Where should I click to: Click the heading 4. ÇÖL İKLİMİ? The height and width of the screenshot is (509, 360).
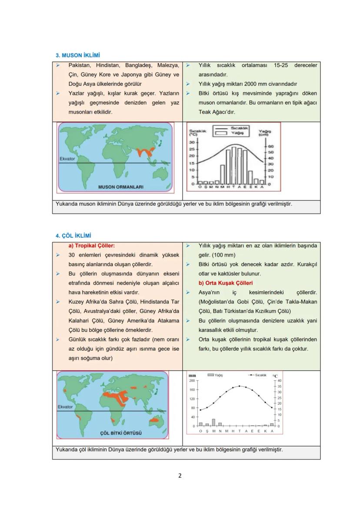(x=73, y=236)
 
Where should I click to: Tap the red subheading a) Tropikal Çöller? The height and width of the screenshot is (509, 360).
(x=92, y=246)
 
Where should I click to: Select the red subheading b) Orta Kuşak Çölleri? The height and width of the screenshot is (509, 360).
(x=226, y=283)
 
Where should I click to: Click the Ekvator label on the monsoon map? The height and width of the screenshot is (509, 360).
(x=67, y=159)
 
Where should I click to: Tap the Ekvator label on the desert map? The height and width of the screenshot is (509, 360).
(x=65, y=407)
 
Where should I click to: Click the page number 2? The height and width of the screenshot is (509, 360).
(x=180, y=475)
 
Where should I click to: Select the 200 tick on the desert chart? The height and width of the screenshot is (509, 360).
(x=192, y=380)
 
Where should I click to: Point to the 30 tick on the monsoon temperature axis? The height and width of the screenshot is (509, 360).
(x=192, y=142)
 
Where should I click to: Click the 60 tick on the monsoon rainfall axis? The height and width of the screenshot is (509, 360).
(x=270, y=146)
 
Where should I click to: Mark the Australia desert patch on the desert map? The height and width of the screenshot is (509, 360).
(x=154, y=420)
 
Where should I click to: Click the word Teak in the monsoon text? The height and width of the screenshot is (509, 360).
(x=205, y=112)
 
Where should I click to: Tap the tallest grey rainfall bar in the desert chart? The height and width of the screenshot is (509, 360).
(x=213, y=422)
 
